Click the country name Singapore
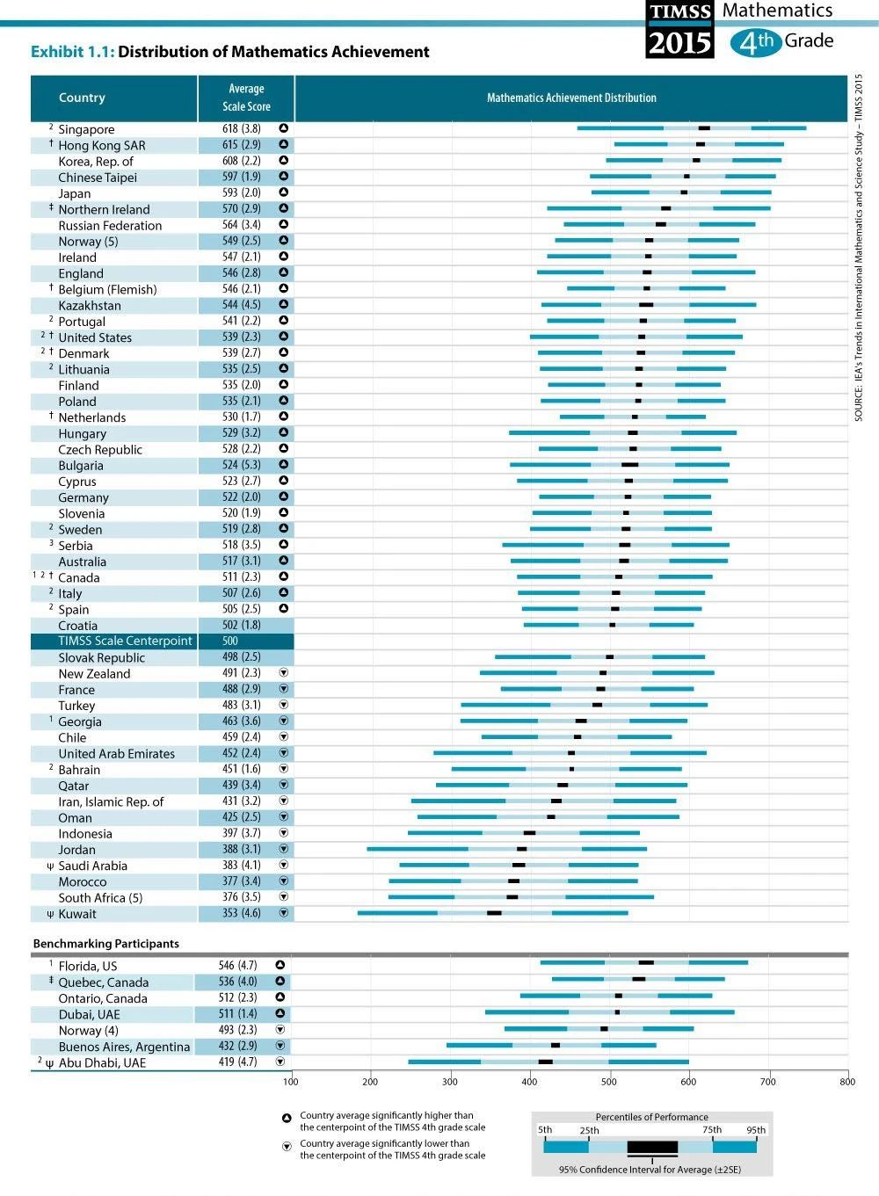coord(86,129)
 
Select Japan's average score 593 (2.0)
coord(242,192)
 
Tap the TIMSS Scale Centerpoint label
coord(125,641)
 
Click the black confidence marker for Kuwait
coord(494,913)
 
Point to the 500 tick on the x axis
coord(609,1082)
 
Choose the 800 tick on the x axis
coord(847,1082)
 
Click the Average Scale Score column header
coord(246,98)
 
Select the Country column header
coord(82,98)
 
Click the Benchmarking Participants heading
coord(105,944)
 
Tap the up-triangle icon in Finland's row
coord(284,384)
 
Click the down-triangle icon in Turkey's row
coord(284,705)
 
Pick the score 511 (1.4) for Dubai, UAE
coord(237,1013)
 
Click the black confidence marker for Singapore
coord(704,128)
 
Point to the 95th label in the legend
coord(756,1130)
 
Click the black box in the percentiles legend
coord(652,1146)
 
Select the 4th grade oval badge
coord(756,42)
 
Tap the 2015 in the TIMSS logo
coord(679,43)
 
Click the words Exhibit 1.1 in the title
coord(73,52)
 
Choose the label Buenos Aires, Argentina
coord(124,1047)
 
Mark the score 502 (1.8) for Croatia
coord(242,625)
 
